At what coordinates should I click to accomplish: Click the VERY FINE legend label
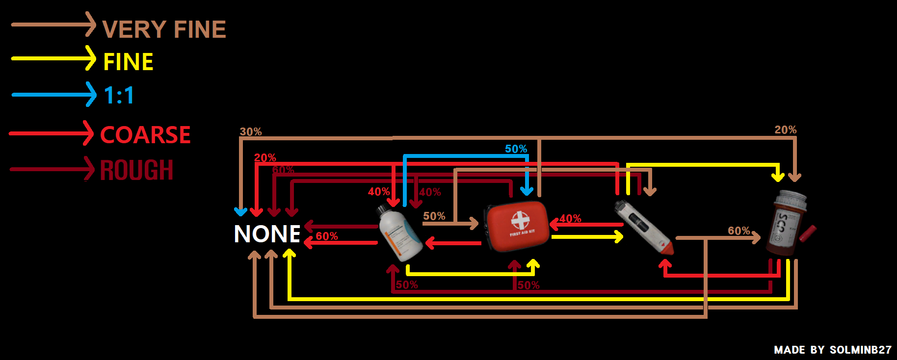click(164, 29)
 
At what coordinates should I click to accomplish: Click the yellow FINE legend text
click(128, 62)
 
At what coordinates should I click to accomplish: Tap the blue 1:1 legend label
click(119, 95)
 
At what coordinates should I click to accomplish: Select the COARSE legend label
click(145, 135)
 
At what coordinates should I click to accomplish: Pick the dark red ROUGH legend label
click(136, 170)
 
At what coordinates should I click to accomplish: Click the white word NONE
click(267, 234)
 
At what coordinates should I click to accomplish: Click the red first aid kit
click(517, 226)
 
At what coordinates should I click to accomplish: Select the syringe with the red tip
click(643, 227)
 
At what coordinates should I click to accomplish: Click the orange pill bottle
click(788, 224)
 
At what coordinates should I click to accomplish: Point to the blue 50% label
click(516, 149)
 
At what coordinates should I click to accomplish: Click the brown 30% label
click(250, 132)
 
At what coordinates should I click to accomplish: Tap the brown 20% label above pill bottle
click(785, 130)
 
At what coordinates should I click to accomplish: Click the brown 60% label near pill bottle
click(739, 231)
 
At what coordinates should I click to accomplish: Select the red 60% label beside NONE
click(326, 236)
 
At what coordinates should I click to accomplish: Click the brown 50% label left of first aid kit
click(434, 216)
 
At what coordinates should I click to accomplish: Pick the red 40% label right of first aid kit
click(570, 219)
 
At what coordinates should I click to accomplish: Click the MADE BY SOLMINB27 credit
click(832, 350)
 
